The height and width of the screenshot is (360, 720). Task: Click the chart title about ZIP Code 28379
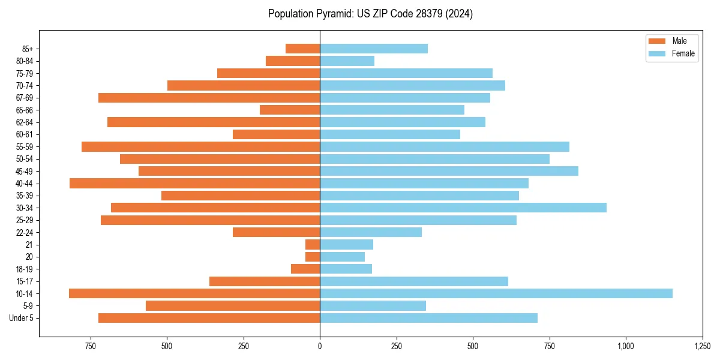pyautogui.click(x=370, y=14)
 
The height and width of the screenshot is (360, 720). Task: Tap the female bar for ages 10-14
pyautogui.click(x=496, y=293)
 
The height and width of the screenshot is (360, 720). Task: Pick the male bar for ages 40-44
pyautogui.click(x=194, y=183)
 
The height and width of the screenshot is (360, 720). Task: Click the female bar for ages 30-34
pyautogui.click(x=463, y=208)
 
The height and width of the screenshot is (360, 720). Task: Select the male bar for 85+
pyautogui.click(x=302, y=49)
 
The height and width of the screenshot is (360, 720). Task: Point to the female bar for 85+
pyautogui.click(x=373, y=49)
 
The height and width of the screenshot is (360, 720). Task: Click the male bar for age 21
pyautogui.click(x=312, y=245)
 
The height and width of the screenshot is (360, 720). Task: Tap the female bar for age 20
pyautogui.click(x=342, y=257)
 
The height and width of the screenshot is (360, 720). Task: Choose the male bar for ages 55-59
pyautogui.click(x=200, y=146)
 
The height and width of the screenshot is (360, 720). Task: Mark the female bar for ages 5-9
pyautogui.click(x=373, y=306)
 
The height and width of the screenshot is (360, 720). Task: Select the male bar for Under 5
pyautogui.click(x=209, y=318)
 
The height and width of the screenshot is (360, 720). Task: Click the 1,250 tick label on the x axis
pyautogui.click(x=702, y=346)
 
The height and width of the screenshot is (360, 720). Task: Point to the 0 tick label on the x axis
pyautogui.click(x=320, y=346)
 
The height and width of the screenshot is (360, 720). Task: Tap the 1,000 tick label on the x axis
pyautogui.click(x=626, y=346)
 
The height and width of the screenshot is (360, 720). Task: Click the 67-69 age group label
pyautogui.click(x=24, y=98)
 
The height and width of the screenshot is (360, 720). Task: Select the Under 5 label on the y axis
pyautogui.click(x=22, y=318)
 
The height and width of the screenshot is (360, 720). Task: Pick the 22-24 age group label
pyautogui.click(x=24, y=232)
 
